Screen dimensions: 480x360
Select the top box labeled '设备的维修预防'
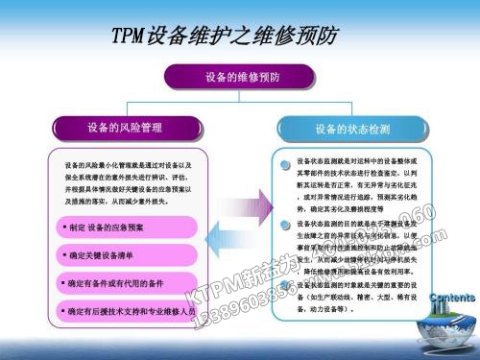point(240,76)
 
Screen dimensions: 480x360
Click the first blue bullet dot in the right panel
point(285,164)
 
